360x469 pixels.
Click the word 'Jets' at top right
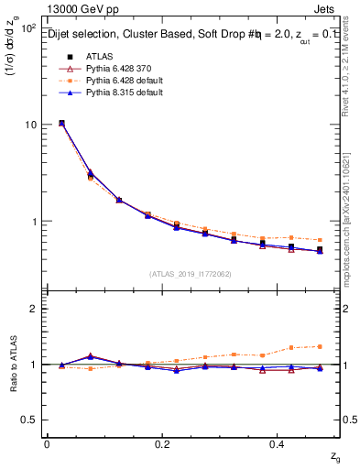(x=327, y=10)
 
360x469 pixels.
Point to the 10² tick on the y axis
(x=27, y=27)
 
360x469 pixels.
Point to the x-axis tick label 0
(x=47, y=443)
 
